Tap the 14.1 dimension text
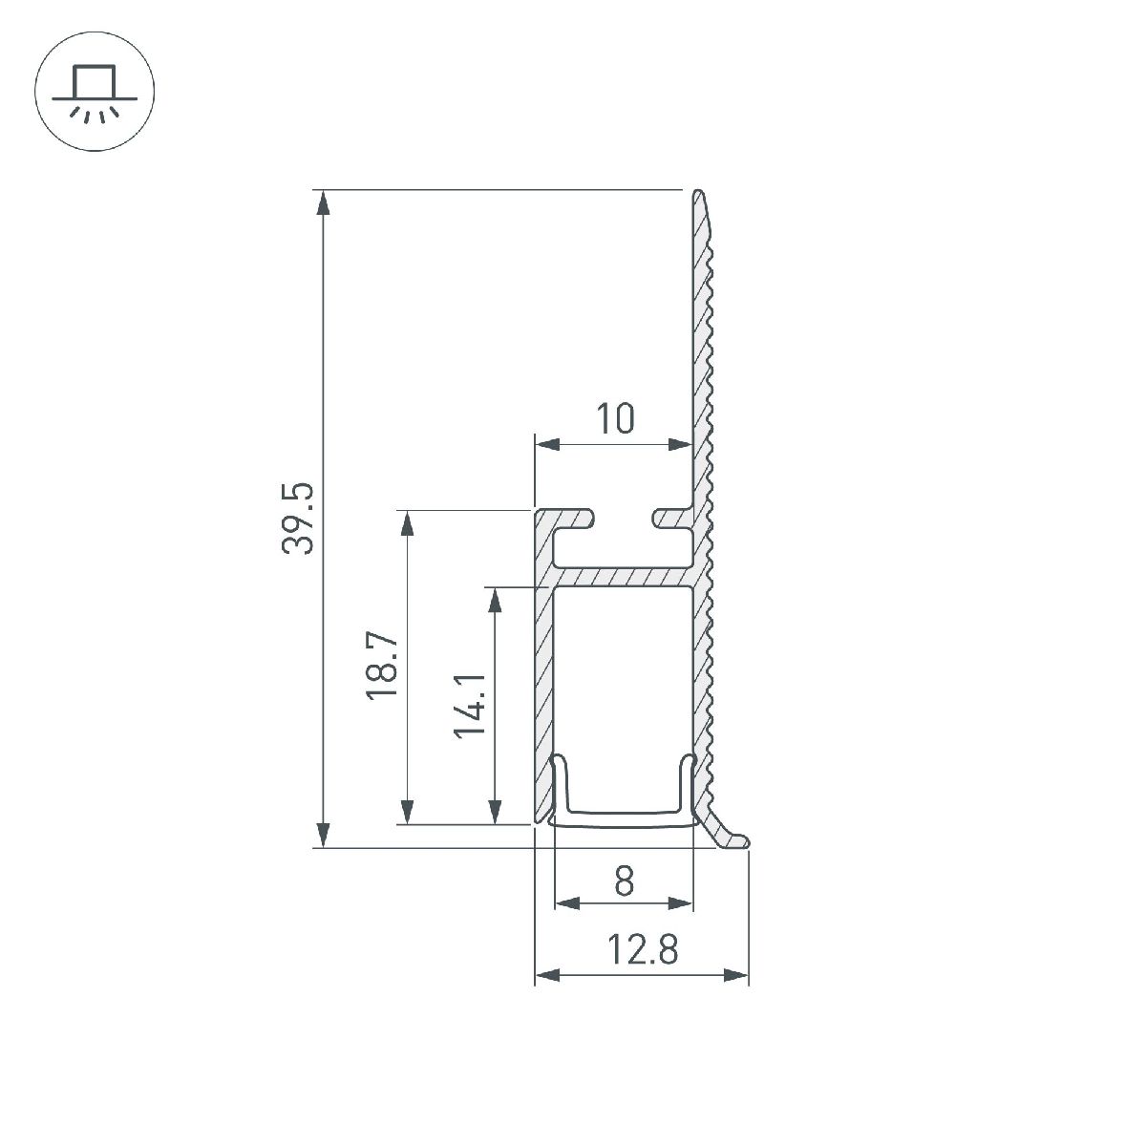coord(470,705)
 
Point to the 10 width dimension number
coord(615,419)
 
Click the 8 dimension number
coord(624,881)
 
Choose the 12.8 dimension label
coord(642,951)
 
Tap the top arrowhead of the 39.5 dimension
coord(324,203)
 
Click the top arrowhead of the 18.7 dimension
coord(408,522)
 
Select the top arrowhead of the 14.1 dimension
coord(495,599)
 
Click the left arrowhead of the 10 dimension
coord(546,444)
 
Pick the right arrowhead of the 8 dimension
coord(681,903)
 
